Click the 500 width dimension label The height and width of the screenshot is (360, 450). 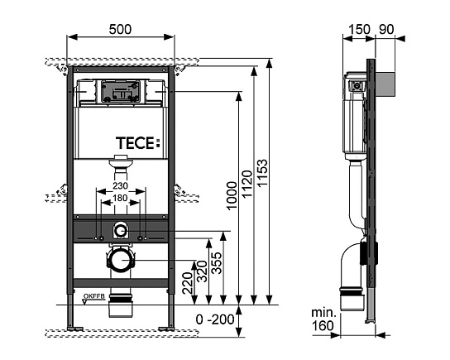click(x=120, y=29)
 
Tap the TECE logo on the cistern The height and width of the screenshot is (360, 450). click(x=137, y=143)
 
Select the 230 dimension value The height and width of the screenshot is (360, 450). click(x=120, y=185)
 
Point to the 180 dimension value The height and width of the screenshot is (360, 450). click(x=120, y=198)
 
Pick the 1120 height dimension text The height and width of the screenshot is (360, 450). click(x=247, y=184)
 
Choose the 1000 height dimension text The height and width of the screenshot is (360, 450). click(x=232, y=195)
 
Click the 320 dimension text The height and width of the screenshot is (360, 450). click(x=201, y=271)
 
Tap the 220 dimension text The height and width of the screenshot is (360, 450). click(x=187, y=283)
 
